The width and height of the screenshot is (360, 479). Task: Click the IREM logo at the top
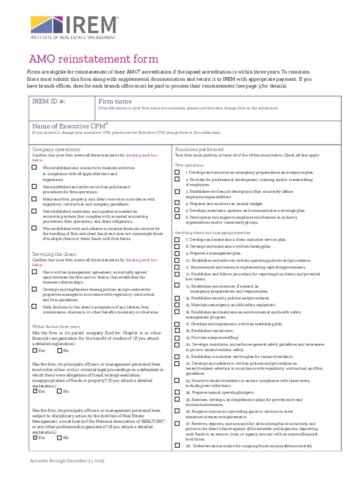[73, 27]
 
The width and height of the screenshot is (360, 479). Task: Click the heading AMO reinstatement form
[94, 59]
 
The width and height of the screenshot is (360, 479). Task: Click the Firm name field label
[115, 102]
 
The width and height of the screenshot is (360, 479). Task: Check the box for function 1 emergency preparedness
[177, 173]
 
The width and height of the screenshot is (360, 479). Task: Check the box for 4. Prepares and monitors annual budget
[177, 203]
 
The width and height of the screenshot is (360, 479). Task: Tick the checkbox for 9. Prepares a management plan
[177, 253]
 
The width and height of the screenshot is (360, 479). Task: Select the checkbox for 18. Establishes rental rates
[177, 330]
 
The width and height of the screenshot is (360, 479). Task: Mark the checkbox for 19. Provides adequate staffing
[177, 337]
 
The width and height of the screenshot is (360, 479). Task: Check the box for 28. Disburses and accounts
[177, 445]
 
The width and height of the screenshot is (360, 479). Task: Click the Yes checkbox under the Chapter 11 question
[35, 350]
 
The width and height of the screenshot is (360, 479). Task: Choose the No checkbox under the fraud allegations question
[60, 391]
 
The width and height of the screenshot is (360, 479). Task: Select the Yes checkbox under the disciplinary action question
[35, 438]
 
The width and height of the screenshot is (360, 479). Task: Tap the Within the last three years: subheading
[56, 326]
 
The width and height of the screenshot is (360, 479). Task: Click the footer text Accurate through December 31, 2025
[67, 461]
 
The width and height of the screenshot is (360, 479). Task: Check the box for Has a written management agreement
[34, 272]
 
